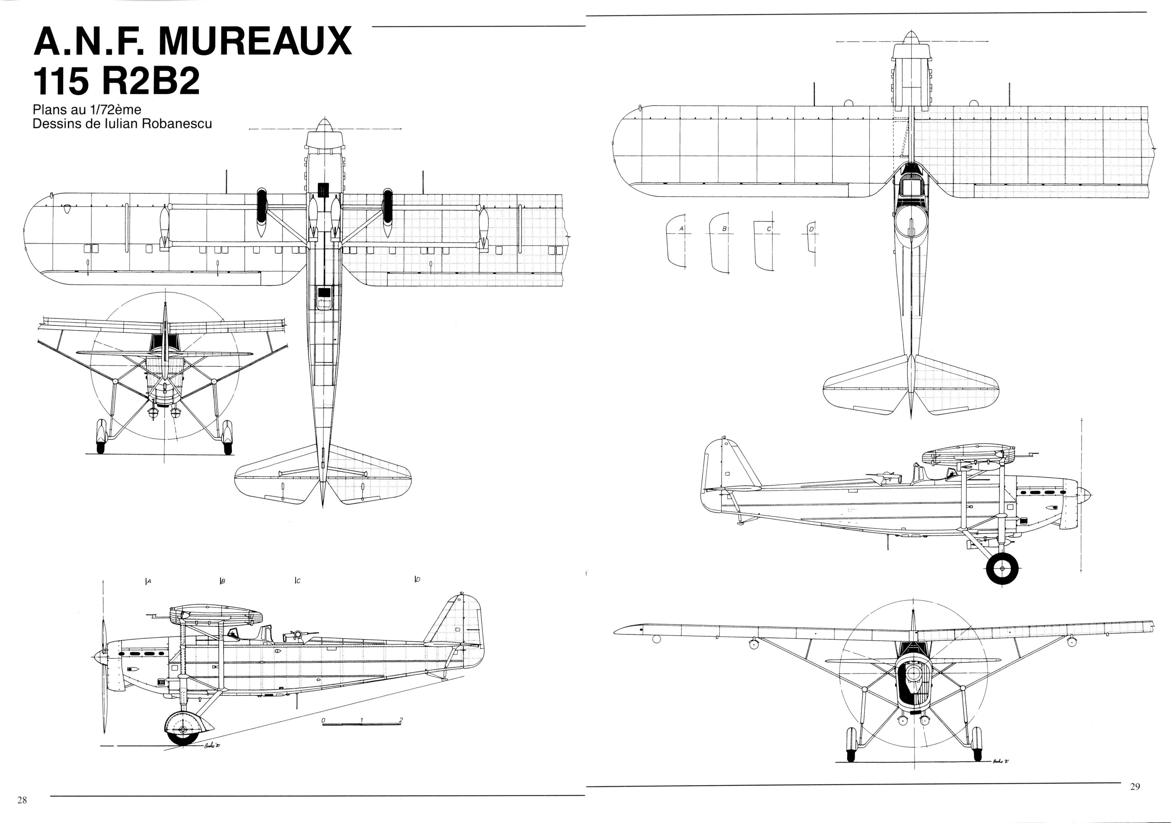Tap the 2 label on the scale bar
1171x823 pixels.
(401, 720)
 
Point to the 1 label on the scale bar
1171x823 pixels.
(362, 720)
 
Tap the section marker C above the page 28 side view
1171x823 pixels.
(297, 580)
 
